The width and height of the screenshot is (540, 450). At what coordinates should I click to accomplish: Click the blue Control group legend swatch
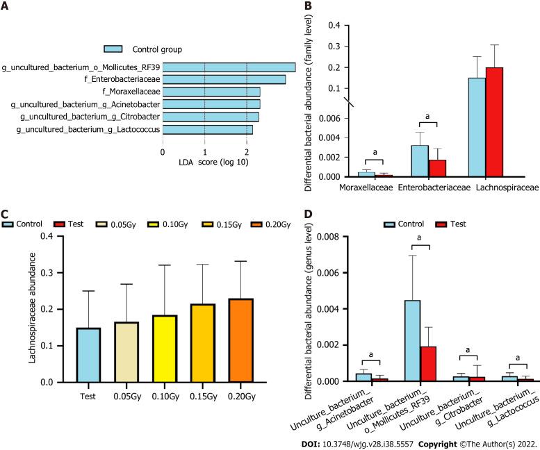point(113,49)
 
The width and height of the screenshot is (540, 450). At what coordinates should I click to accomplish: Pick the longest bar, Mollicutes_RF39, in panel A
point(229,67)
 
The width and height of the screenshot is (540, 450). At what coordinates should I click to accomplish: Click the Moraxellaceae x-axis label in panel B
point(368,187)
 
